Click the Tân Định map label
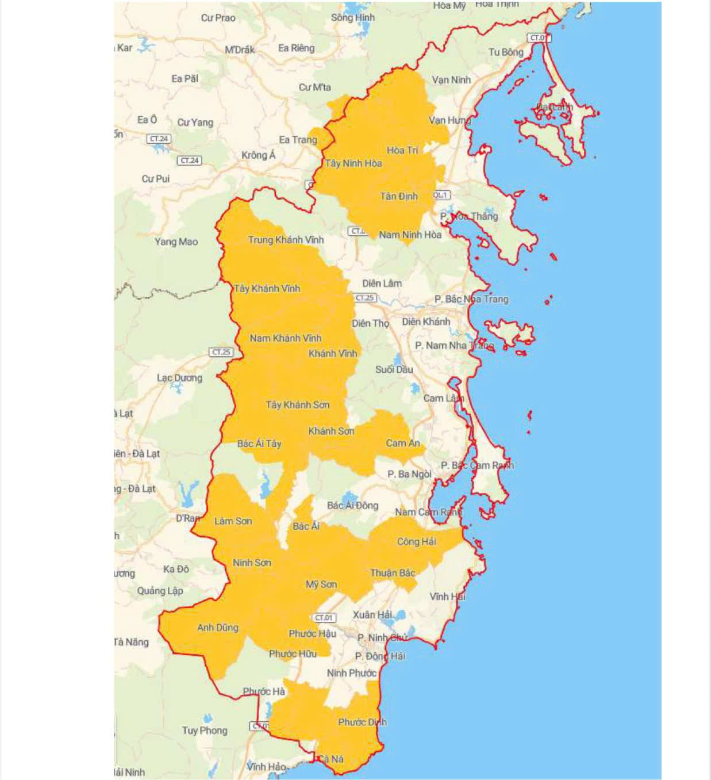pyautogui.click(x=399, y=197)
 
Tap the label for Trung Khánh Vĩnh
pyautogui.click(x=286, y=240)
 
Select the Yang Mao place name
pyautogui.click(x=176, y=242)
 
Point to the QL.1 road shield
pyautogui.click(x=440, y=196)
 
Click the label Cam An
pyautogui.click(x=403, y=443)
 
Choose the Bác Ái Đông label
pyautogui.click(x=352, y=505)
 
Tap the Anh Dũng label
pyautogui.click(x=217, y=628)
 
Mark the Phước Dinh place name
pyautogui.click(x=362, y=722)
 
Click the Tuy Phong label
pyautogui.click(x=205, y=731)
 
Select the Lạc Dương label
pyautogui.click(x=179, y=378)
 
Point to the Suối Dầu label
pyautogui.click(x=394, y=369)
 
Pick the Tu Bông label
pyautogui.click(x=506, y=52)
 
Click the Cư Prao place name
pyautogui.click(x=218, y=18)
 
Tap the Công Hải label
pyautogui.click(x=416, y=541)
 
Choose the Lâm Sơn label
pyautogui.click(x=233, y=521)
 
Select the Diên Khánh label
pyautogui.click(x=426, y=322)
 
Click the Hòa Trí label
pyautogui.click(x=402, y=150)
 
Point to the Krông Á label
pyautogui.click(x=258, y=155)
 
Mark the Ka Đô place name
pyautogui.click(x=176, y=569)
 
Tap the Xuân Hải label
pyautogui.click(x=372, y=615)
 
